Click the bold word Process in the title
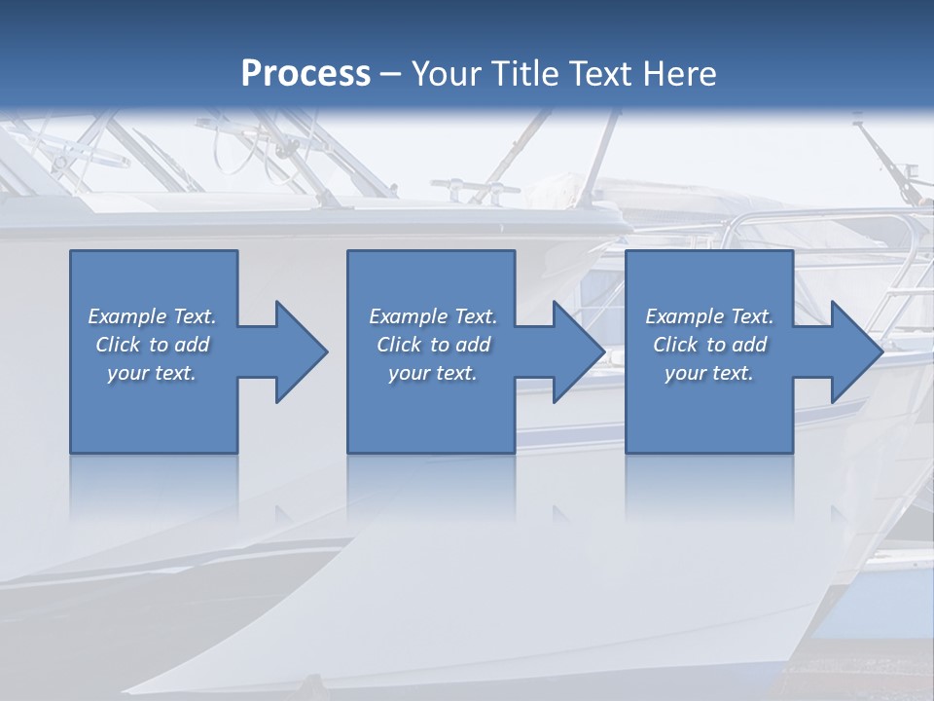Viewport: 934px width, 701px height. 305,74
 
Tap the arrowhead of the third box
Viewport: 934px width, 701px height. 855,351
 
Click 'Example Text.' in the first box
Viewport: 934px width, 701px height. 152,316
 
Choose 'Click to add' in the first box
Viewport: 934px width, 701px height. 153,345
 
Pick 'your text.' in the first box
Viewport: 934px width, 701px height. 152,373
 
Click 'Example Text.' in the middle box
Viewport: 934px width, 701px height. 433,316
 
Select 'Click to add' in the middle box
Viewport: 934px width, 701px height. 433,345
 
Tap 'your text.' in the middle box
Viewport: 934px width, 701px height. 433,373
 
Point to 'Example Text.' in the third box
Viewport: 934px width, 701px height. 709,316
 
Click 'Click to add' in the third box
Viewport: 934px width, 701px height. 710,345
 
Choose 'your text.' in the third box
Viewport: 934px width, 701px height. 709,373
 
